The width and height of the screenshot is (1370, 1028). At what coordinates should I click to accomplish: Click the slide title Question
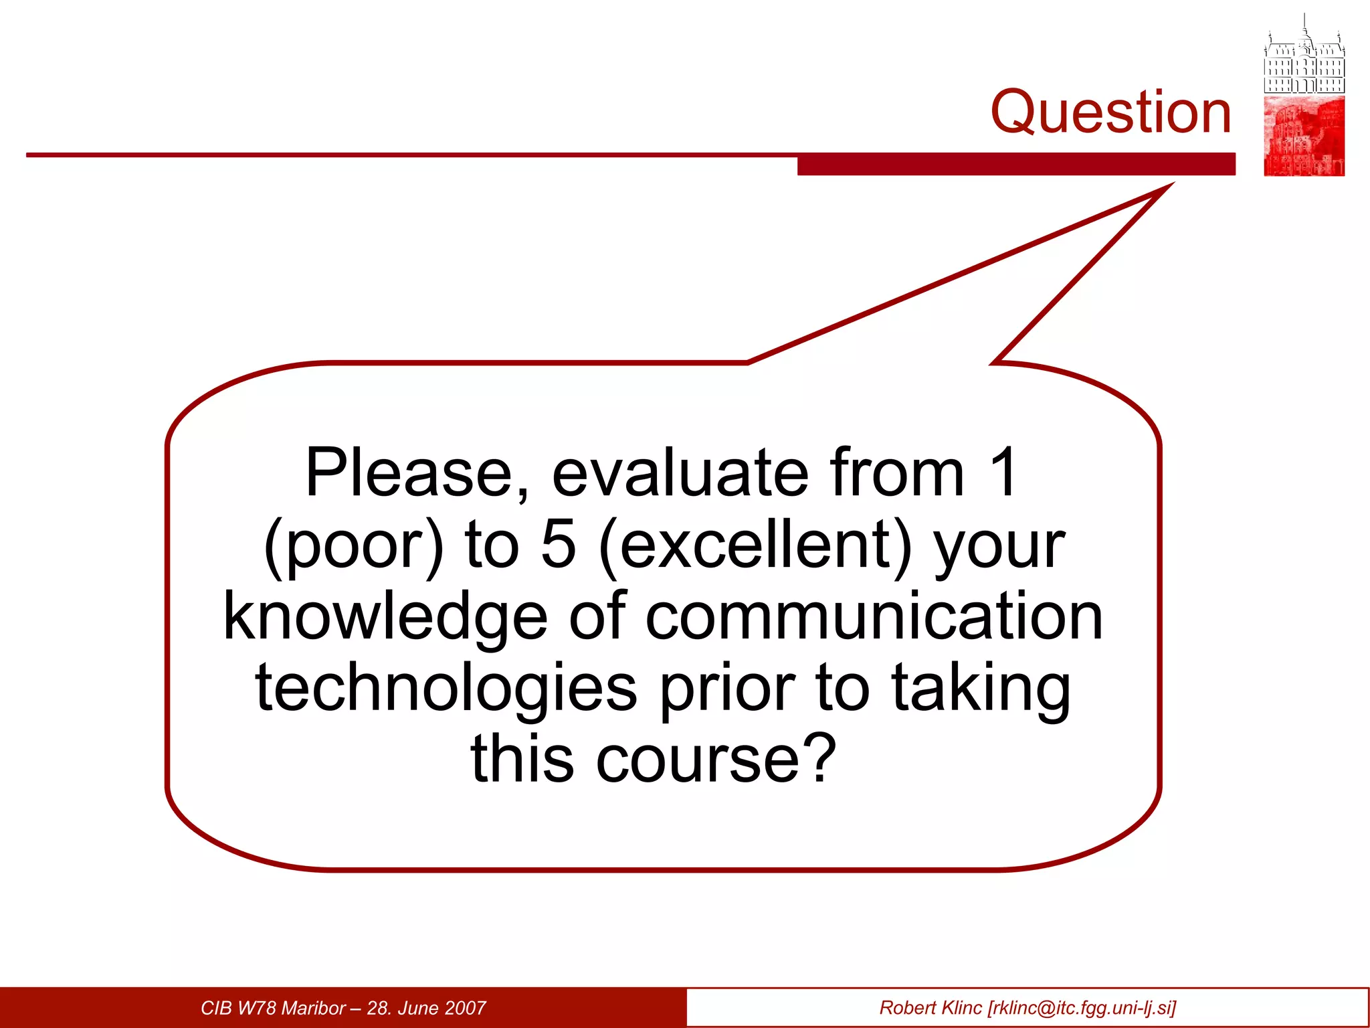point(1110,112)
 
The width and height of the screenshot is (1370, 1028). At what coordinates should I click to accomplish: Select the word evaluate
point(680,473)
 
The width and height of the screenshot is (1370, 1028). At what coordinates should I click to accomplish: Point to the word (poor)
point(353,545)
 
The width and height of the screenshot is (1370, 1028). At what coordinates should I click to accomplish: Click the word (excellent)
point(755,545)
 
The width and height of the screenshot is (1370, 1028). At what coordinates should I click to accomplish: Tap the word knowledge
point(385,617)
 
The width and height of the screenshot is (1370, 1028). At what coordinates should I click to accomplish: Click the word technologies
point(446,689)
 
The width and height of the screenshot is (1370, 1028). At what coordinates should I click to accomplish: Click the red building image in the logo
point(1304,137)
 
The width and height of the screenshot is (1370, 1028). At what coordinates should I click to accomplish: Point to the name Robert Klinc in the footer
point(930,1008)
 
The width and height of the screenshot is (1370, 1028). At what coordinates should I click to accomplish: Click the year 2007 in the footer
point(464,1008)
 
